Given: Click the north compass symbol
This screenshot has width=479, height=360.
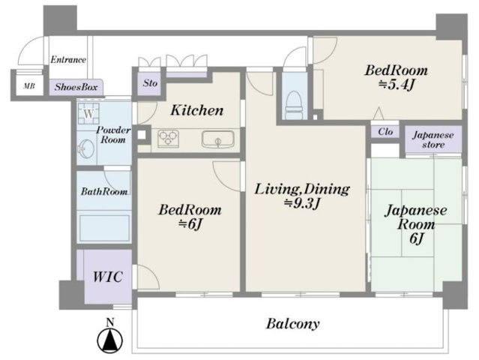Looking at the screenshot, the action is click(x=109, y=339).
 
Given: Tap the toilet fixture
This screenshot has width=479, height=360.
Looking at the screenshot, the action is click(x=294, y=105).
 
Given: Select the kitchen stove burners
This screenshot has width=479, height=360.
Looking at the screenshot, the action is click(x=168, y=139).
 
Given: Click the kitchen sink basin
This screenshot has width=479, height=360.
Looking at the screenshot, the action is click(x=217, y=139).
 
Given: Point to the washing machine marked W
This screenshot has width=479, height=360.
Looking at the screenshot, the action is click(x=88, y=113).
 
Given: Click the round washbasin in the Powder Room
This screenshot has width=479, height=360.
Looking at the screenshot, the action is click(x=85, y=148).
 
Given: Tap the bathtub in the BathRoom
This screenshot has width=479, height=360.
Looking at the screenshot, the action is click(x=104, y=228).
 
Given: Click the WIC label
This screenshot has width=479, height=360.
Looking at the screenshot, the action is click(x=108, y=277).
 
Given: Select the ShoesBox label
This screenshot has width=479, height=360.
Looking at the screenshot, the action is click(x=76, y=87).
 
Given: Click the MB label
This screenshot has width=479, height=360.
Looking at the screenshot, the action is click(x=29, y=86).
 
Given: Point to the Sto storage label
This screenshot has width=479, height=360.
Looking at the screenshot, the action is click(x=150, y=82).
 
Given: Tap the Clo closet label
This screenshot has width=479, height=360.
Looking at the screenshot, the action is click(x=385, y=132).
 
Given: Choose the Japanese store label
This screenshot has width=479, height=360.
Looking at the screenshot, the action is click(x=433, y=139).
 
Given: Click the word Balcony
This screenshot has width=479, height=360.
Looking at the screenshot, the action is click(x=292, y=324).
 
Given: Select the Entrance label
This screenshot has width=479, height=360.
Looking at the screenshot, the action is click(x=68, y=59).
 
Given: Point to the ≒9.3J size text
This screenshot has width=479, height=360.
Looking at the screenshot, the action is click(x=302, y=203).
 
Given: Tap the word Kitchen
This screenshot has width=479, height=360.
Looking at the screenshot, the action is click(x=197, y=110).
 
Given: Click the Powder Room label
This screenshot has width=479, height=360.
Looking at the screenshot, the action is click(x=113, y=135).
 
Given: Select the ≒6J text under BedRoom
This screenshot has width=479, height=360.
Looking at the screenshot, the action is click(x=190, y=224).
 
